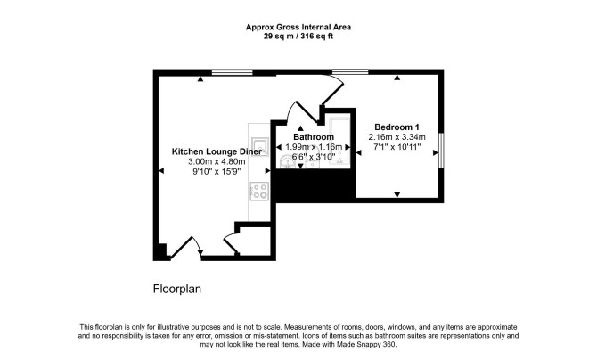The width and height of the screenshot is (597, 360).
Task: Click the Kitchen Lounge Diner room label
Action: pos(217,151)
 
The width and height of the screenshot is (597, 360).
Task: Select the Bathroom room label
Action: pos(314,136)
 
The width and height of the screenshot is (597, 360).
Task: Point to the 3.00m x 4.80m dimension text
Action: pos(217,161)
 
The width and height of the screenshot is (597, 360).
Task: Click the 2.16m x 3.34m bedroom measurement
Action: pos(397,137)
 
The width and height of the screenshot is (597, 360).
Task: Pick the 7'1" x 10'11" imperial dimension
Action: pos(397,147)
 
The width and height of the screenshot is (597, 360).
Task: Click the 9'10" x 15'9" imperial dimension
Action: pos(217,171)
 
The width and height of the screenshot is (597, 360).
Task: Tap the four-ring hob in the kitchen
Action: pos(259,191)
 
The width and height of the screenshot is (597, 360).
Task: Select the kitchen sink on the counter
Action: pos(260,147)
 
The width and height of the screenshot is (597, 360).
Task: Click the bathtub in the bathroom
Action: pos(339,142)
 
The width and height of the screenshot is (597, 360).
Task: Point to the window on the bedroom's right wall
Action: pos(441,150)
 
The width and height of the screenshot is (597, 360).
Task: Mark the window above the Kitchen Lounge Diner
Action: pos(233,72)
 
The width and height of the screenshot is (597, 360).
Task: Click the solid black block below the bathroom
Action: pos(315,186)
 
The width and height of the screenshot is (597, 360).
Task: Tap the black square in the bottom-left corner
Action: pos(159,252)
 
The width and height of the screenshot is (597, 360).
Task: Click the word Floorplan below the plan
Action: pos(177,289)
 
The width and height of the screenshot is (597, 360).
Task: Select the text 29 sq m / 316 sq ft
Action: pos(298,37)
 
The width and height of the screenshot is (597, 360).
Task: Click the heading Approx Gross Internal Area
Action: pos(298,27)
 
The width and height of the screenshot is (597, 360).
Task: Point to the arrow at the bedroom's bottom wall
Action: pos(397,195)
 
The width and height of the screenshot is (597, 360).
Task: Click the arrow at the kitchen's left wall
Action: pos(161,171)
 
